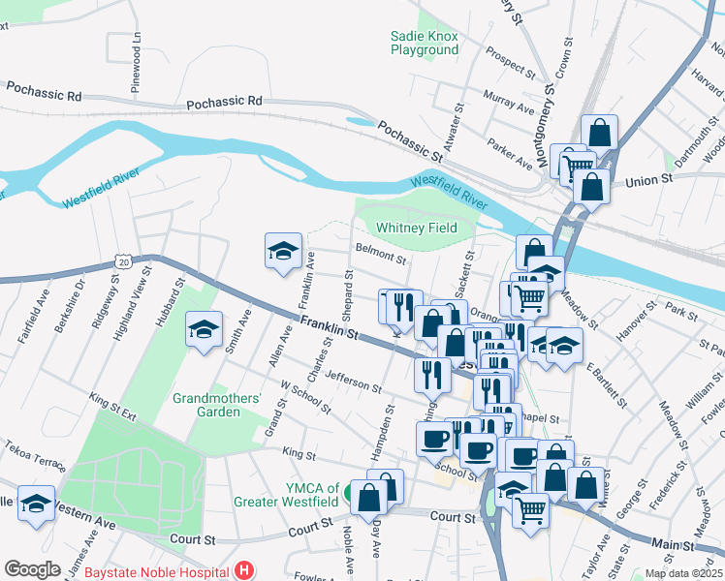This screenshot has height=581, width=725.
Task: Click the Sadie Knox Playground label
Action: tap(424, 43)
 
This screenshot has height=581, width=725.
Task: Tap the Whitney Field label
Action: tap(416, 228)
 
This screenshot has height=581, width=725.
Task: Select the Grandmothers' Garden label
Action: tap(218, 405)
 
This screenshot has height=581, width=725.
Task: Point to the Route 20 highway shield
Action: tap(122, 261)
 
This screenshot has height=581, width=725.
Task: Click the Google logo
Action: tap(32, 569)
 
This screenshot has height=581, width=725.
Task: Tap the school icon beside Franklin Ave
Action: tap(283, 250)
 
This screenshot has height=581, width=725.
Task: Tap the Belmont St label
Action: tap(380, 255)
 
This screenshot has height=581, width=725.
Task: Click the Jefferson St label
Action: tap(354, 381)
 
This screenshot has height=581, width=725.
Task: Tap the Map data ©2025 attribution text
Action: tap(682, 572)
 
